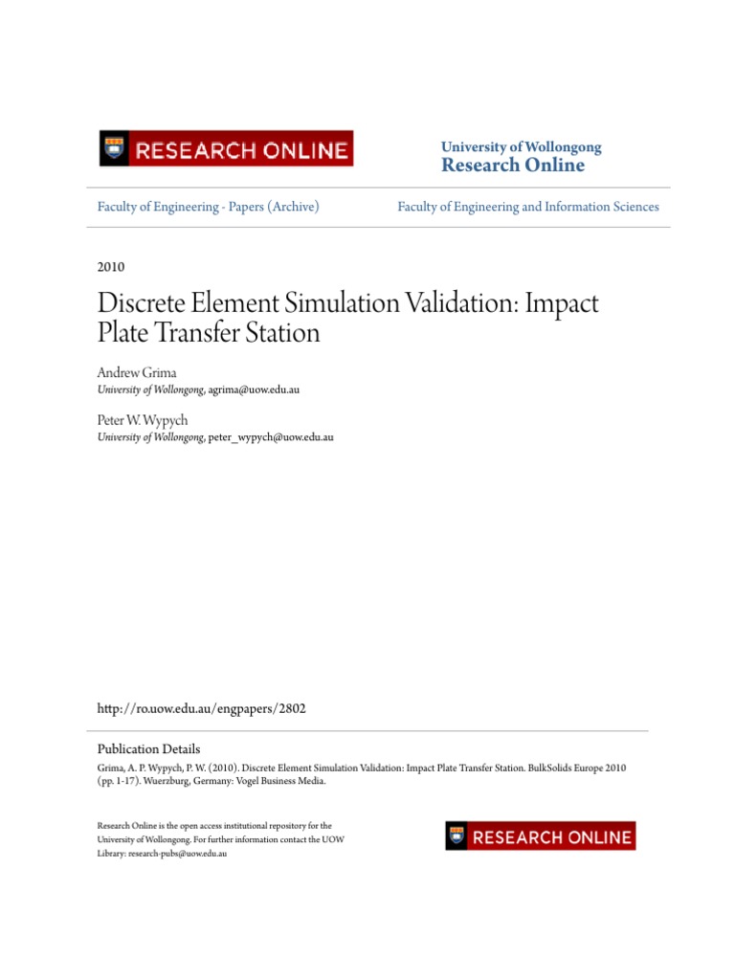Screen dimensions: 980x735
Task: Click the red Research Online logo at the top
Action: point(226,149)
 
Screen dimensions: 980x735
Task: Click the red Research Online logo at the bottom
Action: point(540,835)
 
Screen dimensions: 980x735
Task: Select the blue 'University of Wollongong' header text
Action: point(521,146)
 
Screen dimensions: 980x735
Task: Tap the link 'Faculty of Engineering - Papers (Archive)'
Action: point(209,207)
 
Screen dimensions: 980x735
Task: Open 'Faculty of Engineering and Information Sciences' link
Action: point(528,207)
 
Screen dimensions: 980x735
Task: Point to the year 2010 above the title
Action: point(111,267)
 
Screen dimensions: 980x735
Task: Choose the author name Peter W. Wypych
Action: point(143,420)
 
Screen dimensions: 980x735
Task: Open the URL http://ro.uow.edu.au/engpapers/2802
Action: point(202,709)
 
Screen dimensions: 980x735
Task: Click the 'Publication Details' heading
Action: point(149,749)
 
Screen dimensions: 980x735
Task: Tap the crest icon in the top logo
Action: point(116,149)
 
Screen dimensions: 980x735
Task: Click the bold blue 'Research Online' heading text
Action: point(512,166)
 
